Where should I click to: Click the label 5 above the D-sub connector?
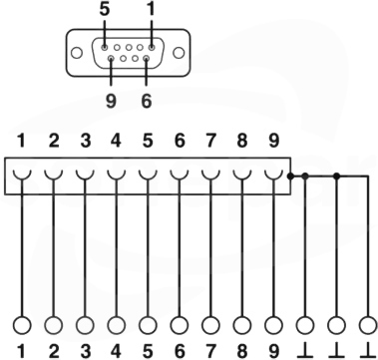(x=105, y=10)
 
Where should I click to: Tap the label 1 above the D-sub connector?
(x=152, y=10)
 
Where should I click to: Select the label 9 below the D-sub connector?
(x=111, y=101)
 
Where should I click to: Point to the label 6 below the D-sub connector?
(x=147, y=101)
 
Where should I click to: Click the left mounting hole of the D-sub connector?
(x=77, y=53)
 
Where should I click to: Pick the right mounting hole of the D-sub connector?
(x=179, y=53)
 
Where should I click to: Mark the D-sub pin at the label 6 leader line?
(x=146, y=59)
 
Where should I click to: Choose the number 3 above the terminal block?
(x=86, y=141)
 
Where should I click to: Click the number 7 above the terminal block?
(x=210, y=141)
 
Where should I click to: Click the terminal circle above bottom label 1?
(x=22, y=325)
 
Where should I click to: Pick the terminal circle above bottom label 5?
(x=148, y=325)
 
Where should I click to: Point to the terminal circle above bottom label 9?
(x=273, y=325)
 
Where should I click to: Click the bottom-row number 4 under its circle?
(x=116, y=351)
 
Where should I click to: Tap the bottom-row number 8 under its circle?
(x=242, y=351)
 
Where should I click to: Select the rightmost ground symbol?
(x=368, y=351)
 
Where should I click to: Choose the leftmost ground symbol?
(x=305, y=351)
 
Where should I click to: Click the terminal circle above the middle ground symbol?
(x=336, y=325)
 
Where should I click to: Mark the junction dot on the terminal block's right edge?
(x=290, y=177)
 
